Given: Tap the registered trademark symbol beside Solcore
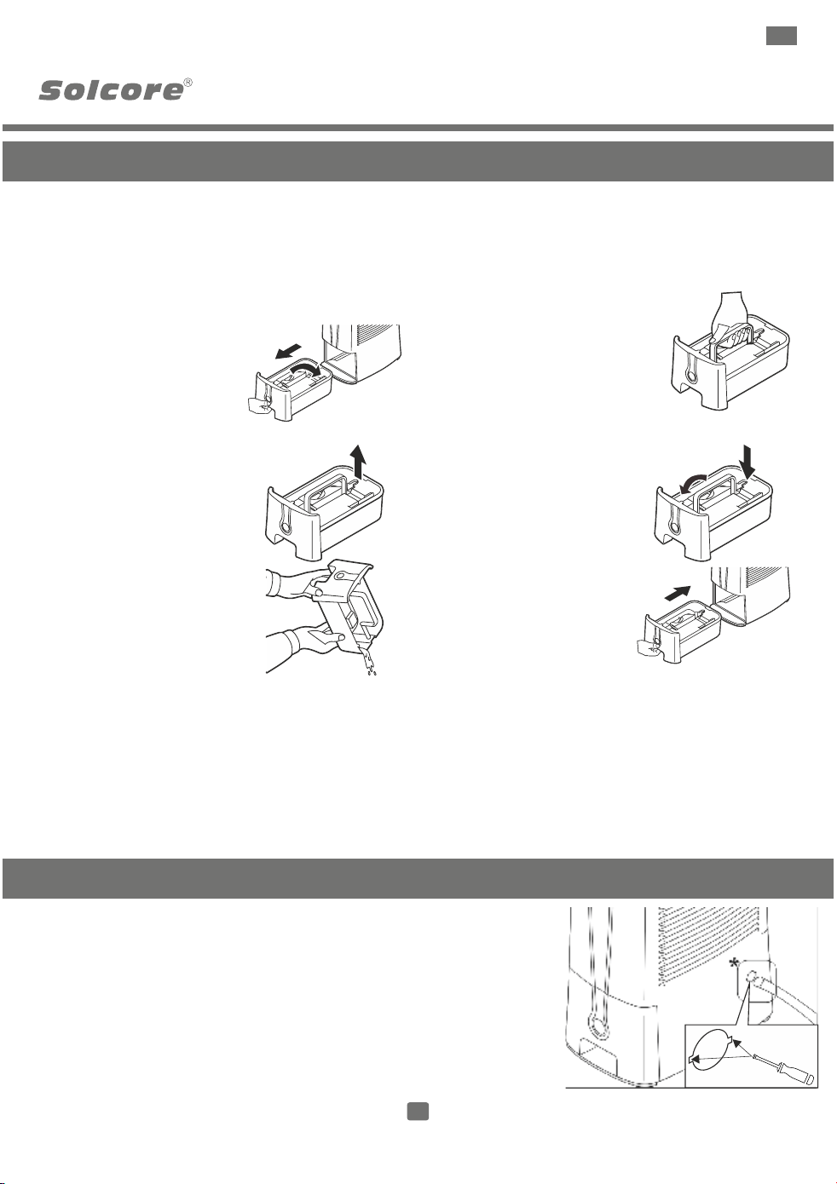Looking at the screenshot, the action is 188,83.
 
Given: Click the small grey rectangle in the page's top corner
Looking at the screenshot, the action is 781,36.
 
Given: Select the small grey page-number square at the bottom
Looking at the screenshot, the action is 418,1111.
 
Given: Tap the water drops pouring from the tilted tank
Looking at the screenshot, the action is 369,663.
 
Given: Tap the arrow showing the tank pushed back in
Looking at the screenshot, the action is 678,593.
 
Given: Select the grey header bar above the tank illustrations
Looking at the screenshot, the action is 418,161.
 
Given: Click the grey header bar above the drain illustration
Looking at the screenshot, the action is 418,878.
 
